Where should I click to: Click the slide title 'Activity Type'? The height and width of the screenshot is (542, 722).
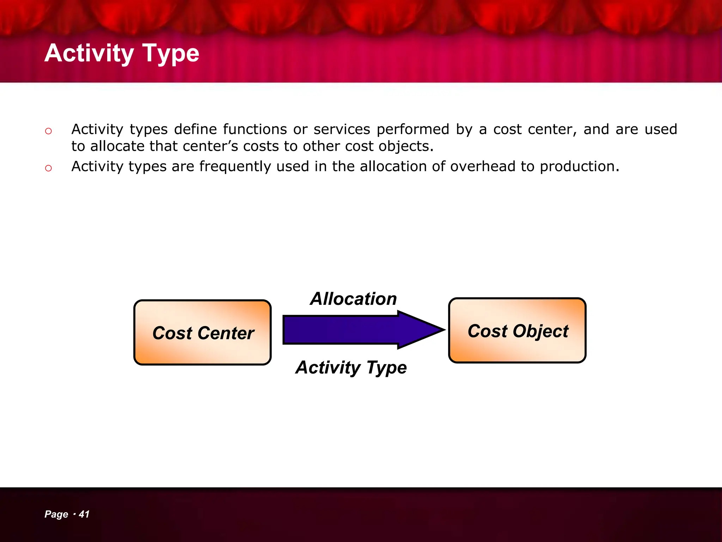pos(122,53)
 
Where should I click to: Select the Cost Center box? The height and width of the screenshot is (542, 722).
pos(202,332)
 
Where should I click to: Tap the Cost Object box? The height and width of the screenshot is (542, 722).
pos(517,330)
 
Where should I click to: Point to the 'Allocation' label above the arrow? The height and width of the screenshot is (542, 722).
pos(353,299)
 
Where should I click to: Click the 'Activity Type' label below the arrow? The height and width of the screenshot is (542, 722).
pos(351,367)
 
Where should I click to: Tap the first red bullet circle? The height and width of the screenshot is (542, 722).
pos(48,131)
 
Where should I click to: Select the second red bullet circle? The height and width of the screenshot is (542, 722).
pos(48,168)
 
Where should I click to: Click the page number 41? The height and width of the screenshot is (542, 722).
pos(84,514)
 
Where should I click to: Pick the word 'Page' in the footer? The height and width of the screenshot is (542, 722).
pos(56,514)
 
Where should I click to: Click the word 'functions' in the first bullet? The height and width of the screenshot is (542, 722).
pos(255,130)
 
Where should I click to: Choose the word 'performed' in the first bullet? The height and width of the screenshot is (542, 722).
pos(413,130)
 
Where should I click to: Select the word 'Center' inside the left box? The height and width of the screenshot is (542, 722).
pos(226,333)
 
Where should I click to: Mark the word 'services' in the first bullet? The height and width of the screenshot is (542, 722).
pos(342,130)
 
